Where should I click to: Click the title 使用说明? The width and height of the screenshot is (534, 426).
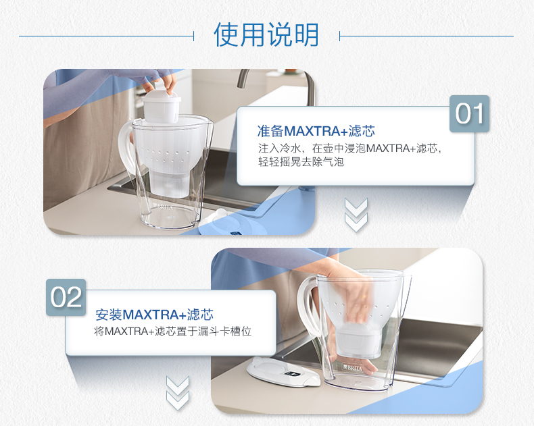coord(266,34)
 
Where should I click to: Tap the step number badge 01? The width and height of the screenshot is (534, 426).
coord(469,113)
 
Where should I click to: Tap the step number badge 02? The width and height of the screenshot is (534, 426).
coord(66,297)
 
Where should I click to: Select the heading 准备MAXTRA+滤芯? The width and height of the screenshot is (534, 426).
coord(316,131)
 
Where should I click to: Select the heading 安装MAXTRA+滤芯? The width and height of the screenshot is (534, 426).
coord(154,315)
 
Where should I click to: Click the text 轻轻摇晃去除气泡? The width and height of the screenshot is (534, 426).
coord(301,161)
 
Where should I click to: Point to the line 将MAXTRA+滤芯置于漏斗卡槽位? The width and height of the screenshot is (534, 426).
coord(172,331)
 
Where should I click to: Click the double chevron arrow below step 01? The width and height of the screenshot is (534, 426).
coord(356,215)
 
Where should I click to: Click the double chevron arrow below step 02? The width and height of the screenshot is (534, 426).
coord(177,393)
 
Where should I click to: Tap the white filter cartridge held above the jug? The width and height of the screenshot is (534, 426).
coord(162,106)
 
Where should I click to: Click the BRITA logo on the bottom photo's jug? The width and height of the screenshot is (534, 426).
coord(353,368)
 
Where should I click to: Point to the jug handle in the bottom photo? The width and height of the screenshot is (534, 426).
coord(304,307)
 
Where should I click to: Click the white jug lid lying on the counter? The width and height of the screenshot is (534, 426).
coord(283,372)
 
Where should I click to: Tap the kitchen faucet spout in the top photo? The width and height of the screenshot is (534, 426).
coord(243,78)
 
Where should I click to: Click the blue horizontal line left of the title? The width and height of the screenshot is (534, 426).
coord(107,36)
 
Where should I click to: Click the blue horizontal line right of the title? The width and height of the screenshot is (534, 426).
coord(427,36)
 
